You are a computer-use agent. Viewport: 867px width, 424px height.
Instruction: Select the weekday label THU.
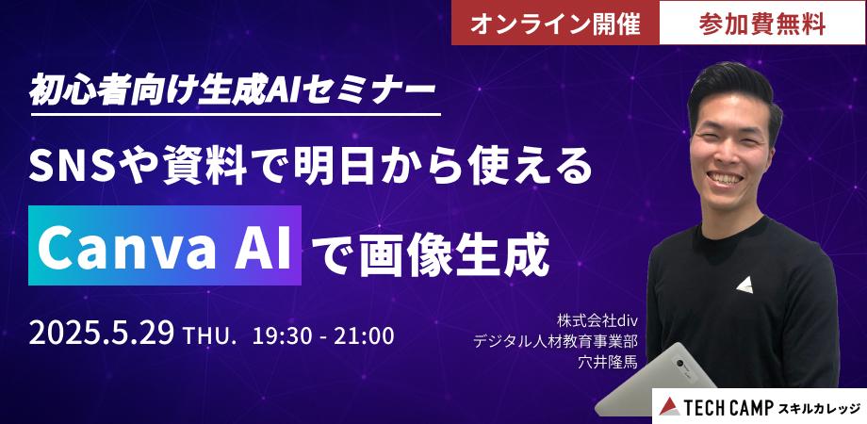click(217, 334)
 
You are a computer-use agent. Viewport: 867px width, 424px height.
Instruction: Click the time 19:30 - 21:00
click(322, 334)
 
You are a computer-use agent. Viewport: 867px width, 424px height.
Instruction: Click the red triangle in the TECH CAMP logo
click(669, 406)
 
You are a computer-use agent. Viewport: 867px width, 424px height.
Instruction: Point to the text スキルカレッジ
click(819, 407)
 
